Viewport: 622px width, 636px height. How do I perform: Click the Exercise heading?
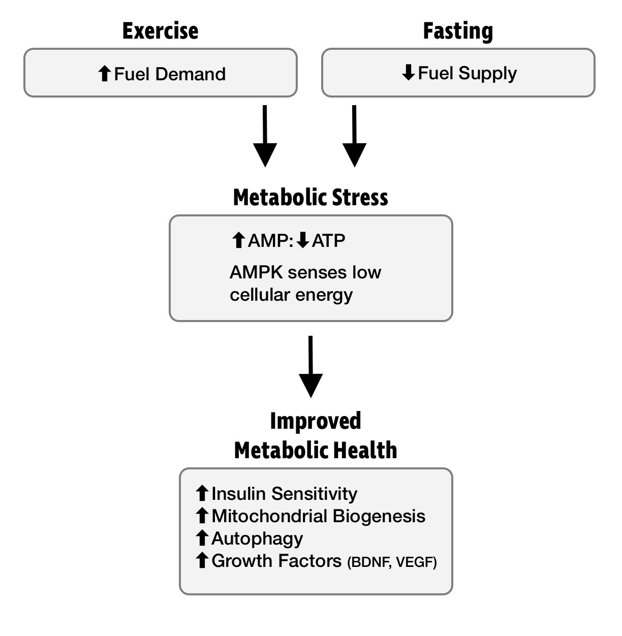[x=160, y=31]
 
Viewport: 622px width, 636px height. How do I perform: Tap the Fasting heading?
[x=458, y=31]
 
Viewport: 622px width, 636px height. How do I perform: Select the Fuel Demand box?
[x=160, y=73]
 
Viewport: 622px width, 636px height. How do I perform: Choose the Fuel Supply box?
[x=458, y=73]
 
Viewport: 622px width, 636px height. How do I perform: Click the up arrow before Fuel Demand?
[x=104, y=74]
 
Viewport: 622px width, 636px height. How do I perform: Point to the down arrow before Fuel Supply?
[x=409, y=74]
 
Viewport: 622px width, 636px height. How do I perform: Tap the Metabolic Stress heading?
[x=310, y=197]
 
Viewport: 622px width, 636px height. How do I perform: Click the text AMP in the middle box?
[x=269, y=240]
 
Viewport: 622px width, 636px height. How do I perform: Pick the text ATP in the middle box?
[x=328, y=240]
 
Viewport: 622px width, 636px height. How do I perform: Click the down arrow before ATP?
[x=303, y=240]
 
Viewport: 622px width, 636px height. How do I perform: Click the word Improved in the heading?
[x=316, y=421]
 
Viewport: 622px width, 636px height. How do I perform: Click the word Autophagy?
[x=257, y=538]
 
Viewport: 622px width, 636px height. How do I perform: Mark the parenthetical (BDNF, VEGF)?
[x=392, y=562]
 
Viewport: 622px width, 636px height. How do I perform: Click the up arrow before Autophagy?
[x=202, y=538]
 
